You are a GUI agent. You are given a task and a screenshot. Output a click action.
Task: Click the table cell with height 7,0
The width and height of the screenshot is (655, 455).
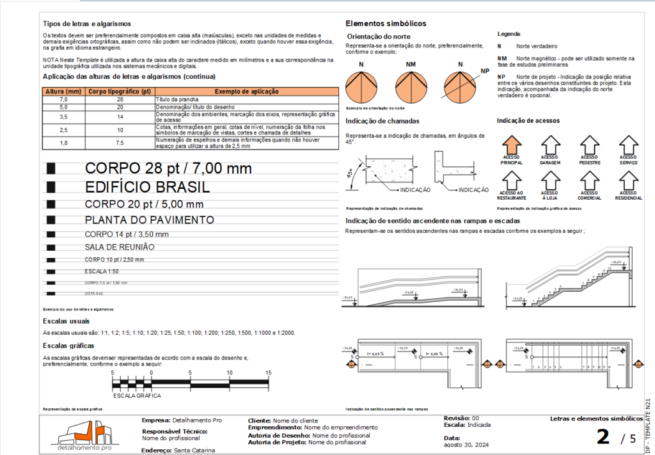pyautogui.click(x=63, y=100)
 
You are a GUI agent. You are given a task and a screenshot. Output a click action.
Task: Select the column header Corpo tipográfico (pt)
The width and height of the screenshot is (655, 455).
pyautogui.click(x=120, y=92)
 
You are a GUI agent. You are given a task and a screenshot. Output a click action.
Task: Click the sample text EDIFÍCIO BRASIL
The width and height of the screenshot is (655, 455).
pyautogui.click(x=147, y=188)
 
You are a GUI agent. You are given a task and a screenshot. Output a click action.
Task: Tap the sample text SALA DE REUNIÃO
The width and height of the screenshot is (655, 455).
pyautogui.click(x=120, y=246)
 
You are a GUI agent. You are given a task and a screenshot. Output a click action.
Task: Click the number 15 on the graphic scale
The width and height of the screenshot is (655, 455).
pyautogui.click(x=269, y=372)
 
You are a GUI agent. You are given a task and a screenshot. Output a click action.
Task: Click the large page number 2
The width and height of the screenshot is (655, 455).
pyautogui.click(x=602, y=437)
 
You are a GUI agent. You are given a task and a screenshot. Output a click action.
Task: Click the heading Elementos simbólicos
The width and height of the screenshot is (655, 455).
pyautogui.click(x=386, y=24)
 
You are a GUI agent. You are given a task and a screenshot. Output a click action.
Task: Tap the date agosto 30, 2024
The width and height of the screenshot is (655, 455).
pyautogui.click(x=465, y=445)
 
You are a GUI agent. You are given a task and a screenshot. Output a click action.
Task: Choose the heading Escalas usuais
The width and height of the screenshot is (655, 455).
pyautogui.click(x=66, y=321)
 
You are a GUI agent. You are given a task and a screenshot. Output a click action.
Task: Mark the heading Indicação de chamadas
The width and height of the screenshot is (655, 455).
pyautogui.click(x=383, y=121)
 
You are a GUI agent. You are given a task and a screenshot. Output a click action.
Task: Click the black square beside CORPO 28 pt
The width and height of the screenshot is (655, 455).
pyautogui.click(x=51, y=168)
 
